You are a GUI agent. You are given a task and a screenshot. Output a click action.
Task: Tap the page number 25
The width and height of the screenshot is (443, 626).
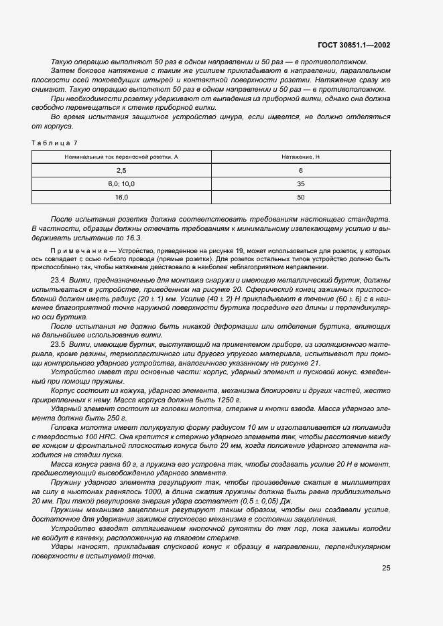coord(386,568)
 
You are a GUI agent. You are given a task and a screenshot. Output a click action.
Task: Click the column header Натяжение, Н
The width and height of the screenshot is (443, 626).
coord(301,157)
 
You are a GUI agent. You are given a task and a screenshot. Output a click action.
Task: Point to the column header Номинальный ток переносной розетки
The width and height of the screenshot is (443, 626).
coord(121,157)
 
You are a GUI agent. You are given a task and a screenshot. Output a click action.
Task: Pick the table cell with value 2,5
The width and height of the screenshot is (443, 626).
coord(121,170)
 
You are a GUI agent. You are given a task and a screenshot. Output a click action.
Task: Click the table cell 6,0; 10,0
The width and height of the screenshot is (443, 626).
coord(121,183)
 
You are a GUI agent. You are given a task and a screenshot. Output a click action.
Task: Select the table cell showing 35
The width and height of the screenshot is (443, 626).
coord(301,183)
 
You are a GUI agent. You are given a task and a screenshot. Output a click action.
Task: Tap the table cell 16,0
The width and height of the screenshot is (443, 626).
coord(121,198)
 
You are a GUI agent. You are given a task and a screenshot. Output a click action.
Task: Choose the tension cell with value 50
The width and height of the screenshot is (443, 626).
coord(301,198)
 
